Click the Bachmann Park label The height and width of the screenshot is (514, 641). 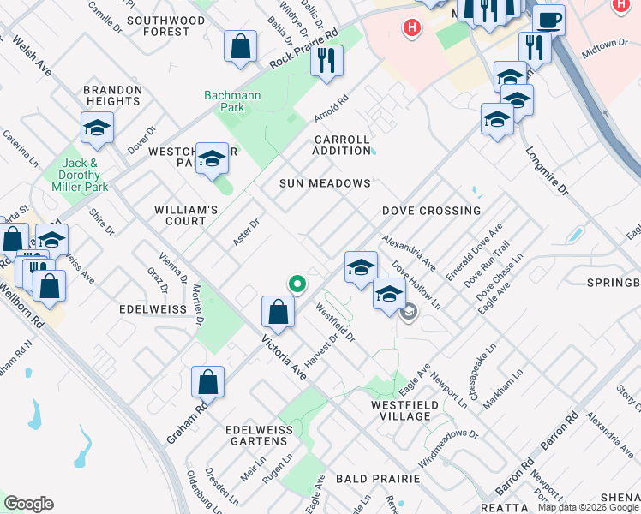point(225,101)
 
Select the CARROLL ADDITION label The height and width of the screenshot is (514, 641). point(342,145)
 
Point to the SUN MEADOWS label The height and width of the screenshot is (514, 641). point(325,183)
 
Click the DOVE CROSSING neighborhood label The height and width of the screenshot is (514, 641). point(431,211)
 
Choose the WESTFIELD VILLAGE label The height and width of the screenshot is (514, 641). point(400,410)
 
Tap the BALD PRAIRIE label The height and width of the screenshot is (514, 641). point(378,478)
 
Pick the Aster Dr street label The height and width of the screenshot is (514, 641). point(246,231)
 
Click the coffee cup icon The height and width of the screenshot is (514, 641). point(548,21)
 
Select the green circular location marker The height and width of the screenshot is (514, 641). point(297,284)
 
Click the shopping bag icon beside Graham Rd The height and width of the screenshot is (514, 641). point(207,382)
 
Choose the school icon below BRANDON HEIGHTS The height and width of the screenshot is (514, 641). point(97,128)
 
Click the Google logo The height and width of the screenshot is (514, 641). point(28,504)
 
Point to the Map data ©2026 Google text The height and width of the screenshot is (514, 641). point(588,507)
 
